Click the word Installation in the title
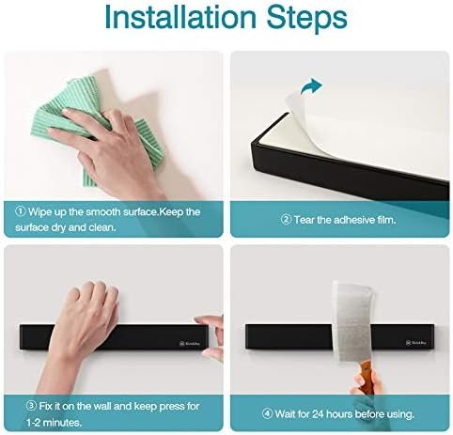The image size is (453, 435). [180, 17]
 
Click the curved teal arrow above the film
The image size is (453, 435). [311, 85]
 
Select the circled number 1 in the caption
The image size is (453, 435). [21, 211]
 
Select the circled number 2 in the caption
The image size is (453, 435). [286, 220]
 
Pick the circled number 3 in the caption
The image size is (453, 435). [31, 406]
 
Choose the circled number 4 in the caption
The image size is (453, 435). [267, 414]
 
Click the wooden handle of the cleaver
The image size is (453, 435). [366, 374]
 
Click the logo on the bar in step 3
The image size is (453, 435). [190, 344]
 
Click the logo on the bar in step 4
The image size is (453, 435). [415, 343]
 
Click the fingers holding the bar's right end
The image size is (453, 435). [211, 336]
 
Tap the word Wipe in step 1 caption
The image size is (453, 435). [39, 212]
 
